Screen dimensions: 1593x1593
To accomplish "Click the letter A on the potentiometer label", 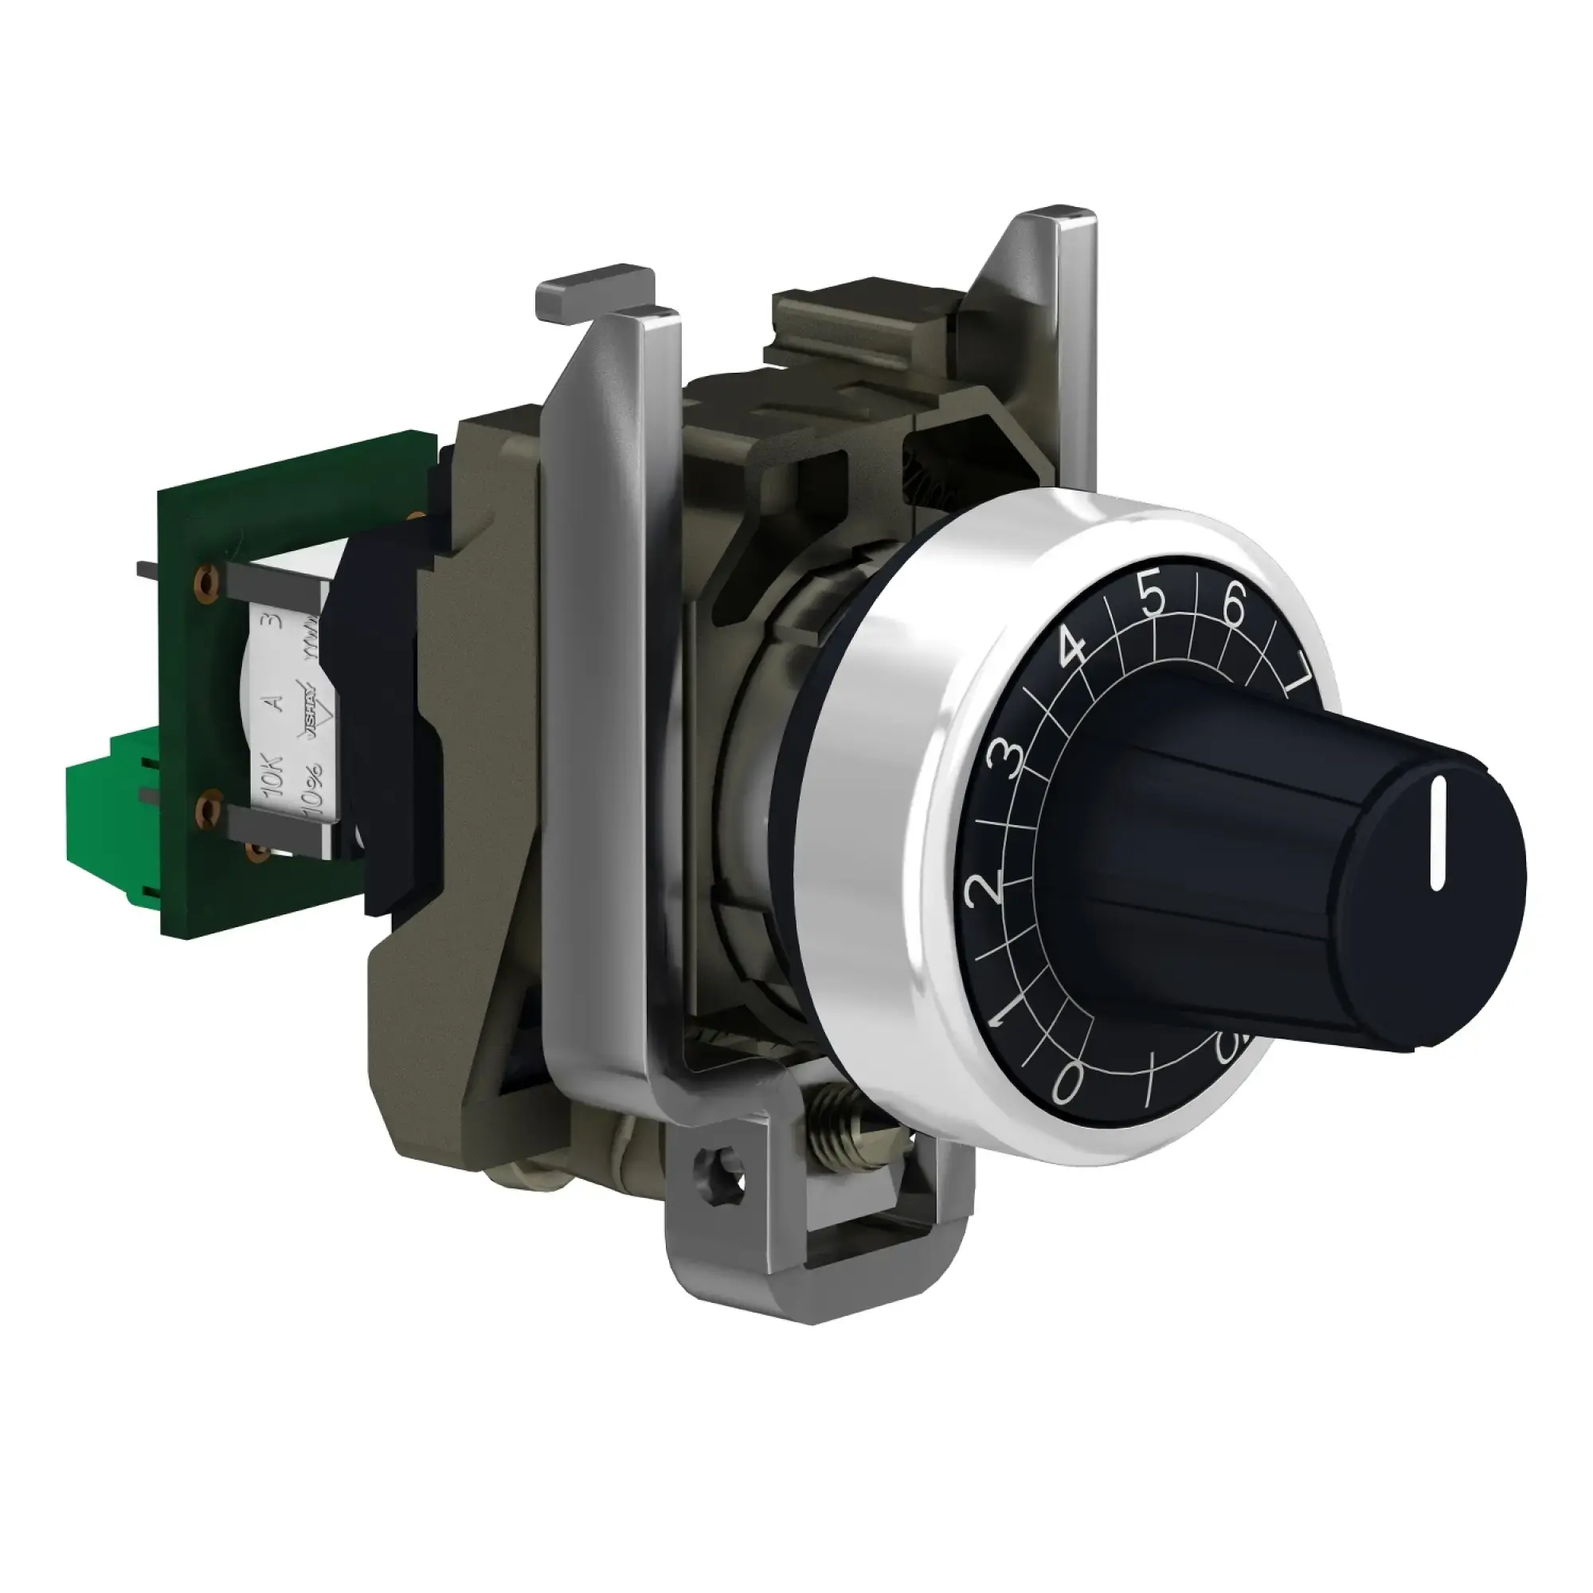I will coord(277,703).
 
